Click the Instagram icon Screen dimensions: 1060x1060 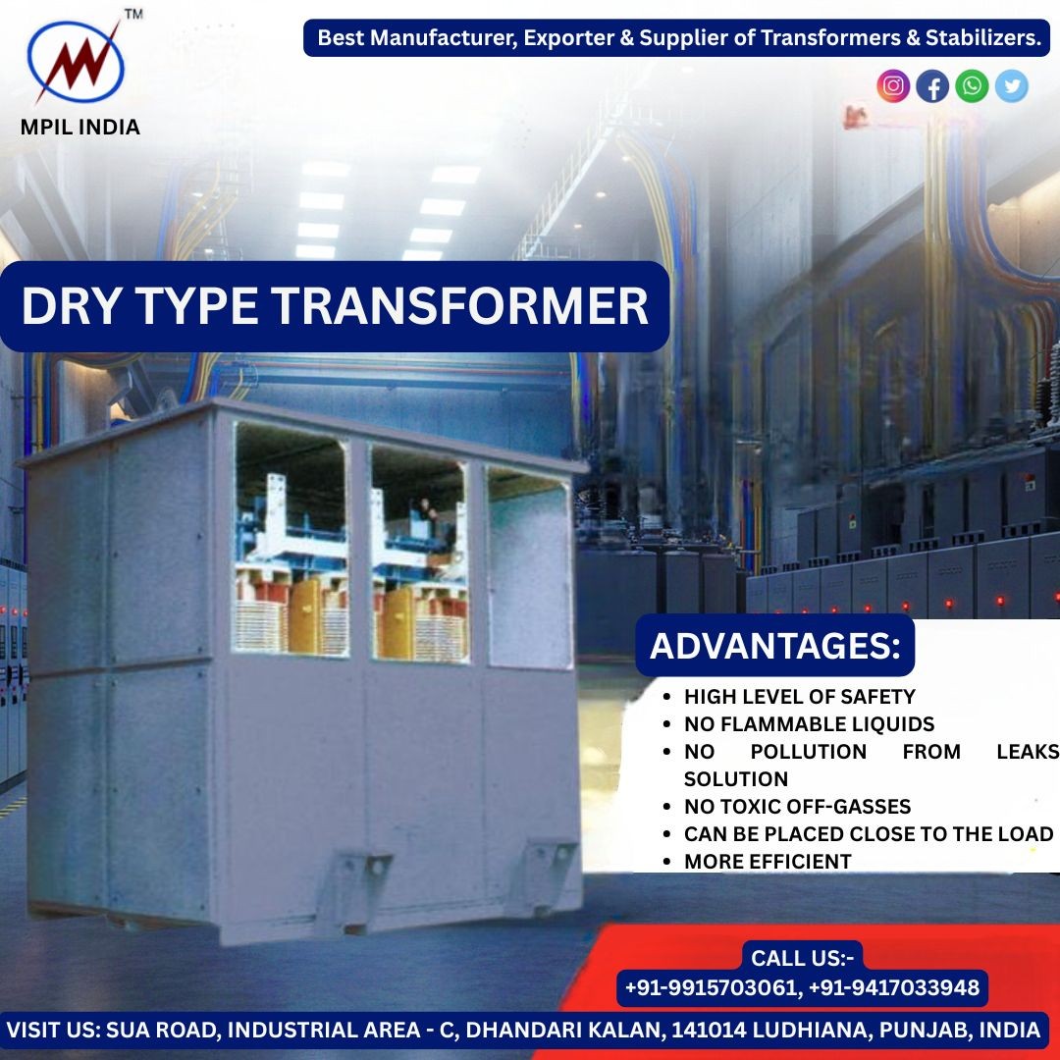coord(893,86)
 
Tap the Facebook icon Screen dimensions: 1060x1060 coord(932,86)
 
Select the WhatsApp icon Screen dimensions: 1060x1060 coord(972,86)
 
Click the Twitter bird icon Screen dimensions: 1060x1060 coord(1011,86)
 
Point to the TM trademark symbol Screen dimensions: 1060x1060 coord(133,14)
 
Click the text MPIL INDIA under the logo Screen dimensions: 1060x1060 coord(80,127)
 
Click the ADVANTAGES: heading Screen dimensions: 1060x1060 coord(774,646)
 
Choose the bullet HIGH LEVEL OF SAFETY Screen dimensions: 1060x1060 coord(799,697)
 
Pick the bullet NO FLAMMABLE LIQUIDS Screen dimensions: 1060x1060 coord(809,724)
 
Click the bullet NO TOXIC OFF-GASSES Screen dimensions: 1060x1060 coord(797,807)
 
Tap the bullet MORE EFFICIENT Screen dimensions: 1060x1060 coord(768,862)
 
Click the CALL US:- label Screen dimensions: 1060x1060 coord(803,958)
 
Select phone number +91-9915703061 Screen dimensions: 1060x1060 coord(712,987)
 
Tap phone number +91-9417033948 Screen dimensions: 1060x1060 coord(894,987)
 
